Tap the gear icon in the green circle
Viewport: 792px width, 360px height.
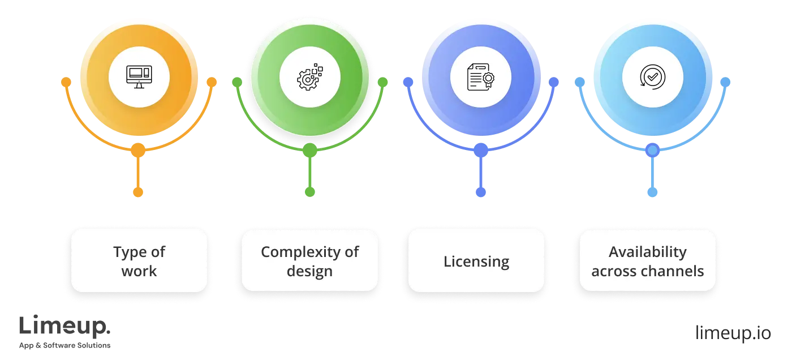[x=309, y=78]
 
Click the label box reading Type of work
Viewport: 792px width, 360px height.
[x=139, y=261]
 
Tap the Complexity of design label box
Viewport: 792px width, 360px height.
[x=309, y=261]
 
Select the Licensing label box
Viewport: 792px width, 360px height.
[x=476, y=261]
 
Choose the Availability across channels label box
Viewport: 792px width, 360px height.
[x=648, y=261]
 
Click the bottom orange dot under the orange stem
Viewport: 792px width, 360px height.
[x=138, y=192]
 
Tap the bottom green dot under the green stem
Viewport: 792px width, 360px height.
[x=309, y=192]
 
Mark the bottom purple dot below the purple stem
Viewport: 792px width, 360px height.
[x=481, y=192]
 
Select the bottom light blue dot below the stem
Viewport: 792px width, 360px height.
[x=652, y=192]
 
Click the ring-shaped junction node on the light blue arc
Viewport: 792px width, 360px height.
[x=652, y=151]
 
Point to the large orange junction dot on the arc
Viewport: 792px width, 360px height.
[x=138, y=151]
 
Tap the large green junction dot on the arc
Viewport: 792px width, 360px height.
[x=309, y=151]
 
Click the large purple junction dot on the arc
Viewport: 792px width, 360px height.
[x=481, y=151]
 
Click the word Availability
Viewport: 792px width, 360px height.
[x=648, y=252]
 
